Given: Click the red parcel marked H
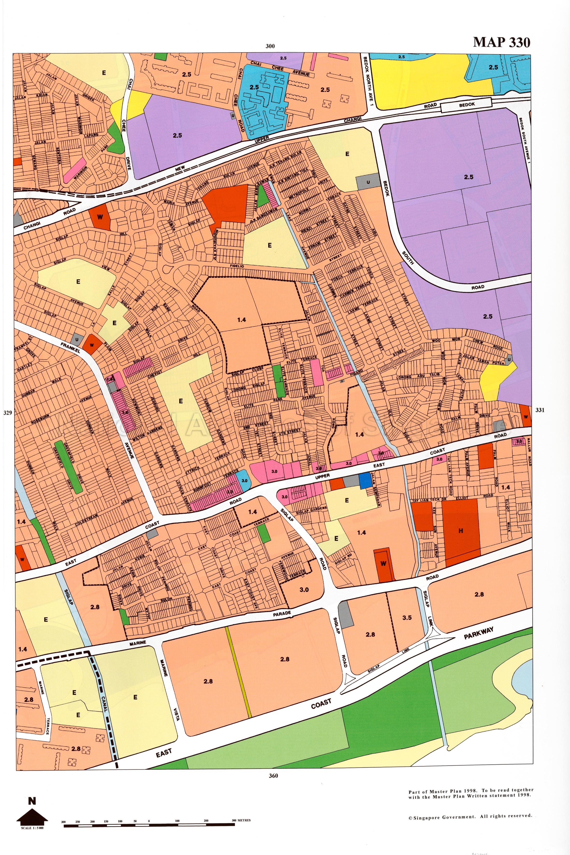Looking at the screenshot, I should [461, 530].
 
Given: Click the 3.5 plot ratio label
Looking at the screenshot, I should [407, 618].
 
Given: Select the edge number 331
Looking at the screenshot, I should [540, 410].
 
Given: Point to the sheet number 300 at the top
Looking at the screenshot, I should [270, 46].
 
